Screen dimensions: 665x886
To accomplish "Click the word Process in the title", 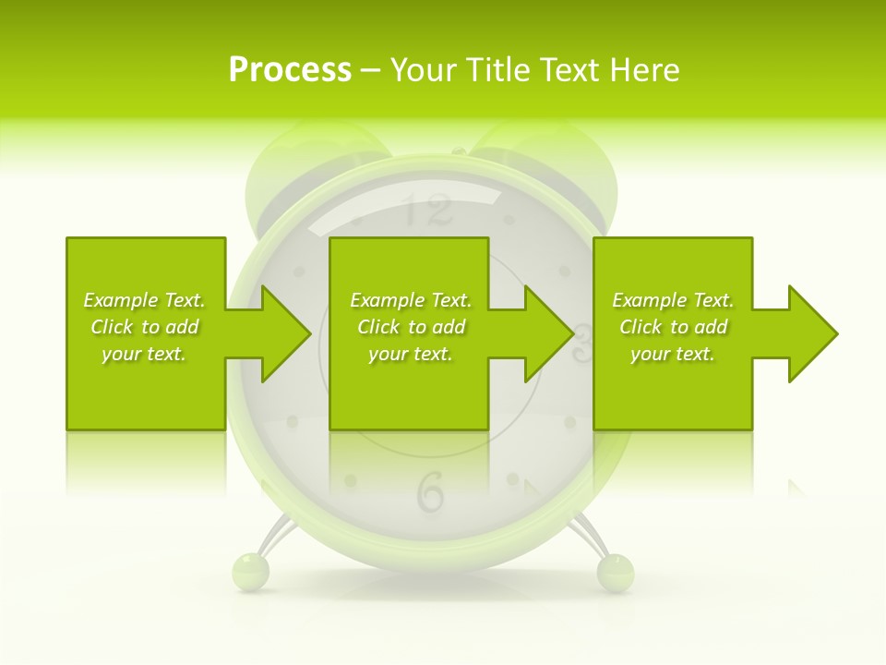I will (290, 69).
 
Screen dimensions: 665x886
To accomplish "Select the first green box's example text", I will (144, 327).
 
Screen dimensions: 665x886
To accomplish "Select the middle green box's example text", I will (411, 327).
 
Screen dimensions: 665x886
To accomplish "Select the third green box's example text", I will (673, 327).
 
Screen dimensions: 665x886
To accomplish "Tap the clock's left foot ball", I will (250, 571).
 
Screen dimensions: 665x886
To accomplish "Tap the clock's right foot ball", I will (616, 571).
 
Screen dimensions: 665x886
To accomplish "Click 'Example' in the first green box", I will (120, 300).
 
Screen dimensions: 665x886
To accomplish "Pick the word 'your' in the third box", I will (650, 354).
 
